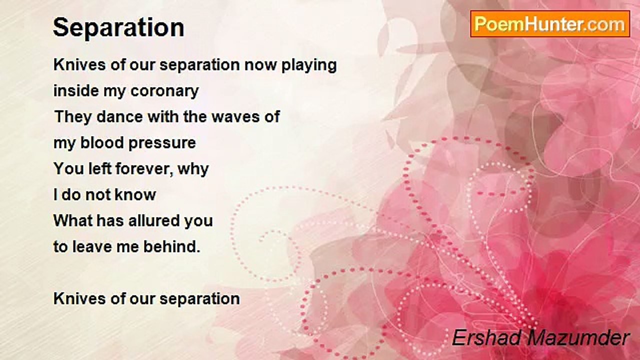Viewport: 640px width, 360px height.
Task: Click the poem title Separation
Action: (118, 27)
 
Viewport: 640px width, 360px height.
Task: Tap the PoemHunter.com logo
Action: (550, 24)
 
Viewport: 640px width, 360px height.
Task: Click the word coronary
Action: (164, 91)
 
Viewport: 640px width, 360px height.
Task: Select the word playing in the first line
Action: (309, 65)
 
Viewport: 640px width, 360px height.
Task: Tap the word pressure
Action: (162, 143)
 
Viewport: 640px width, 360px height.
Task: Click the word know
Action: (135, 194)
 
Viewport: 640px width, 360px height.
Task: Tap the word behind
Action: (171, 246)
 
